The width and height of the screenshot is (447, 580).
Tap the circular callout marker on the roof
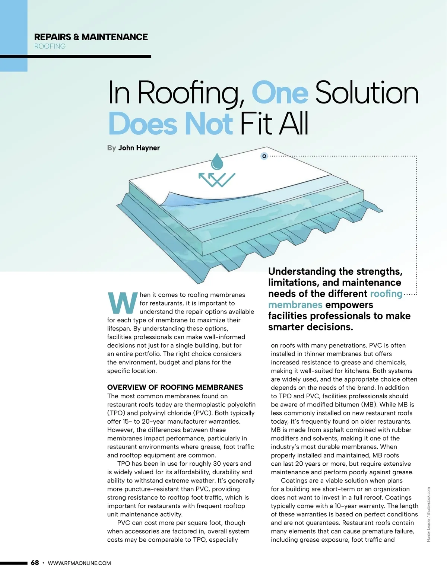(x=264, y=156)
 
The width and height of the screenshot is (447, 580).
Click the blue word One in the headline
(x=280, y=93)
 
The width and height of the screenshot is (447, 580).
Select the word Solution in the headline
(x=367, y=93)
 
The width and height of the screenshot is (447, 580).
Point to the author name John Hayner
(x=139, y=148)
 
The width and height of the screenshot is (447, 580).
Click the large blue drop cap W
(x=122, y=303)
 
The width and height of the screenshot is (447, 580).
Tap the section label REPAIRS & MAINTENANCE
(x=91, y=37)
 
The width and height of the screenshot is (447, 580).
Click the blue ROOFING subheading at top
(x=50, y=46)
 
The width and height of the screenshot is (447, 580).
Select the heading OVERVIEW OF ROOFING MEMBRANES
(x=175, y=387)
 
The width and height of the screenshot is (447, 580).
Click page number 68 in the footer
(x=35, y=563)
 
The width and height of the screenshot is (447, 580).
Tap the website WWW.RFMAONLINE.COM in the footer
(x=79, y=563)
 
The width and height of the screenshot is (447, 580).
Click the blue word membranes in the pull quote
(x=295, y=305)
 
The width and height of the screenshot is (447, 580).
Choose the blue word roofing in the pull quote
(x=386, y=294)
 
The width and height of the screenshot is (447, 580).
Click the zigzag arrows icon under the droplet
(x=217, y=179)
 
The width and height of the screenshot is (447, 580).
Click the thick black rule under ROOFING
(x=76, y=57)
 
